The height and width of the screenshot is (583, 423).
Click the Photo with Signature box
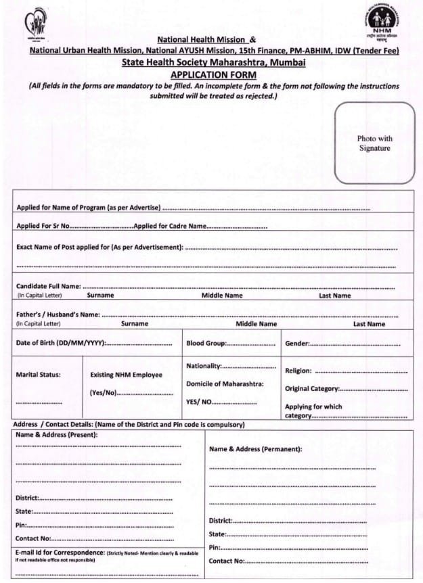(374, 143)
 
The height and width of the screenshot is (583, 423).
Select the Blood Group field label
(206, 344)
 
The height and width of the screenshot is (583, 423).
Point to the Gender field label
(297, 344)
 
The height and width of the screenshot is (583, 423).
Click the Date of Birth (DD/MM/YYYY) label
(60, 344)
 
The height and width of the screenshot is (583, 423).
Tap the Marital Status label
(38, 374)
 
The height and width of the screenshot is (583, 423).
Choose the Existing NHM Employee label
(126, 375)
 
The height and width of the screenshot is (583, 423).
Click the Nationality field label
(204, 366)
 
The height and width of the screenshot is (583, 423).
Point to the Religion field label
(298, 371)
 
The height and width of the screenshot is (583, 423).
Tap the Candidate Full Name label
(49, 287)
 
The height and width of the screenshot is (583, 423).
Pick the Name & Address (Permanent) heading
(255, 449)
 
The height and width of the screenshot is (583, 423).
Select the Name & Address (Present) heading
(57, 434)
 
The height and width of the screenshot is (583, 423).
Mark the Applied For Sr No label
(43, 226)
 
